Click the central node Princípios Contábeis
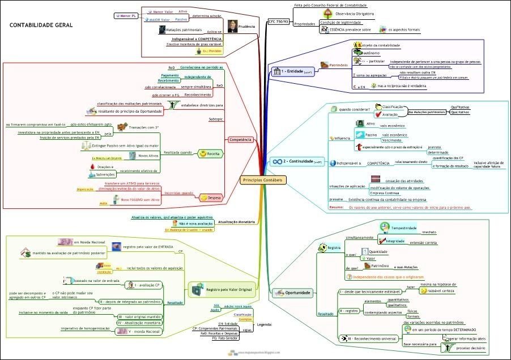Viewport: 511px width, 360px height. pos(262,179)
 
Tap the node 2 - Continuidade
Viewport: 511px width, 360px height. pos(297,161)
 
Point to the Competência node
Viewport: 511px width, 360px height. pos(240,139)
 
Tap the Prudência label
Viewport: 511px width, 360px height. pos(249,25)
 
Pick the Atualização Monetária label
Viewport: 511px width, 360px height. pos(236,222)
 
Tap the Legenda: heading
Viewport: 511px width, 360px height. pos(264,324)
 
